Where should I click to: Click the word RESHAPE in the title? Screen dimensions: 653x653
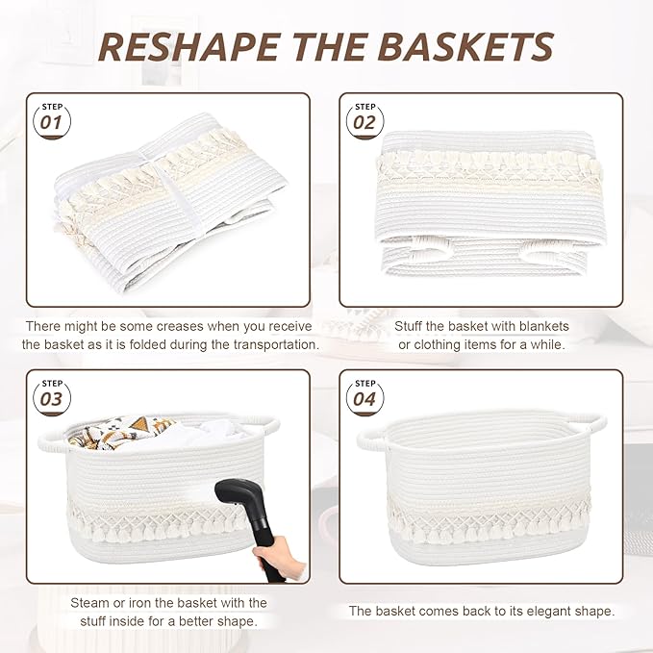click(x=191, y=46)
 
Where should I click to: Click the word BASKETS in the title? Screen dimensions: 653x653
click(x=468, y=46)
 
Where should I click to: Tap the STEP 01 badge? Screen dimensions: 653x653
click(x=51, y=118)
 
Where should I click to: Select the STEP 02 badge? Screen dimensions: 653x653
click(x=365, y=118)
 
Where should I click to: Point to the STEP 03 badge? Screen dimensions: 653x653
click(x=51, y=395)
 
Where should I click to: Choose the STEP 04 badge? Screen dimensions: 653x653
click(x=365, y=395)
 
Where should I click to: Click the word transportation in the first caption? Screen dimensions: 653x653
click(x=272, y=344)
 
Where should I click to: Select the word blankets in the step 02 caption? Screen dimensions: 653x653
click(x=540, y=326)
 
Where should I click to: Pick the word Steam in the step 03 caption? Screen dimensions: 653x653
click(x=89, y=603)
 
